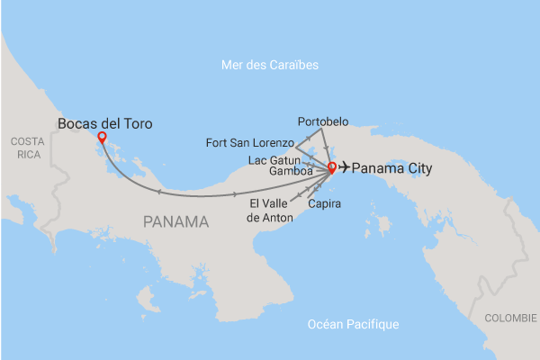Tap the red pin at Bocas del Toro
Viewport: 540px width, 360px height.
[x=102, y=138]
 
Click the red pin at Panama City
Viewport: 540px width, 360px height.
[x=331, y=167]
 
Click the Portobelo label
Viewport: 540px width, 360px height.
[x=322, y=121]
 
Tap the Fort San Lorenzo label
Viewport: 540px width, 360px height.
[x=249, y=142]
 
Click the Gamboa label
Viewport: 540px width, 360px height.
[x=291, y=171]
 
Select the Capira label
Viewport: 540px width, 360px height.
[x=323, y=203]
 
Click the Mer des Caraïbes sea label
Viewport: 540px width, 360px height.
[x=270, y=66]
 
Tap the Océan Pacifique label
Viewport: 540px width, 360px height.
[x=352, y=324]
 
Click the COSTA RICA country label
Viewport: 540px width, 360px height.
[x=27, y=149]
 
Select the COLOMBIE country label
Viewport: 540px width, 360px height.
[x=510, y=318]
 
